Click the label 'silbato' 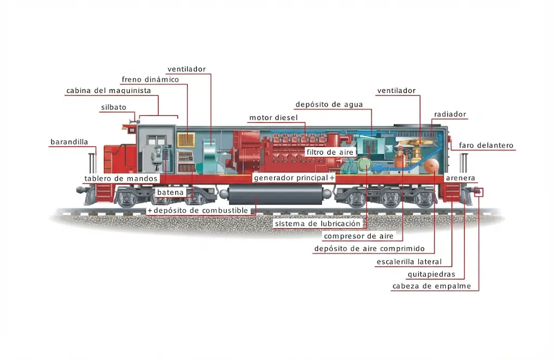(x=114, y=107)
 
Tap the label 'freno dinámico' (x=150, y=79)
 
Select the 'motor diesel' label (x=273, y=117)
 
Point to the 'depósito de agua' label (x=329, y=104)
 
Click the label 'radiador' (x=450, y=114)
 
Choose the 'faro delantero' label (x=486, y=145)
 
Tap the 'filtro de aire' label (x=329, y=152)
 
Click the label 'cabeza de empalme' (x=431, y=286)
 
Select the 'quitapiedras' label (x=431, y=274)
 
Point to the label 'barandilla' (x=69, y=142)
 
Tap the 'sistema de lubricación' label (x=317, y=224)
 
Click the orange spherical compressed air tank (x=431, y=166)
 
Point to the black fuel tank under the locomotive (x=275, y=195)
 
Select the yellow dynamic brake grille (x=186, y=140)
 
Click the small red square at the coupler (x=479, y=192)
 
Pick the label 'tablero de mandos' (x=121, y=178)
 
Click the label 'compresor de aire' (x=359, y=236)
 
